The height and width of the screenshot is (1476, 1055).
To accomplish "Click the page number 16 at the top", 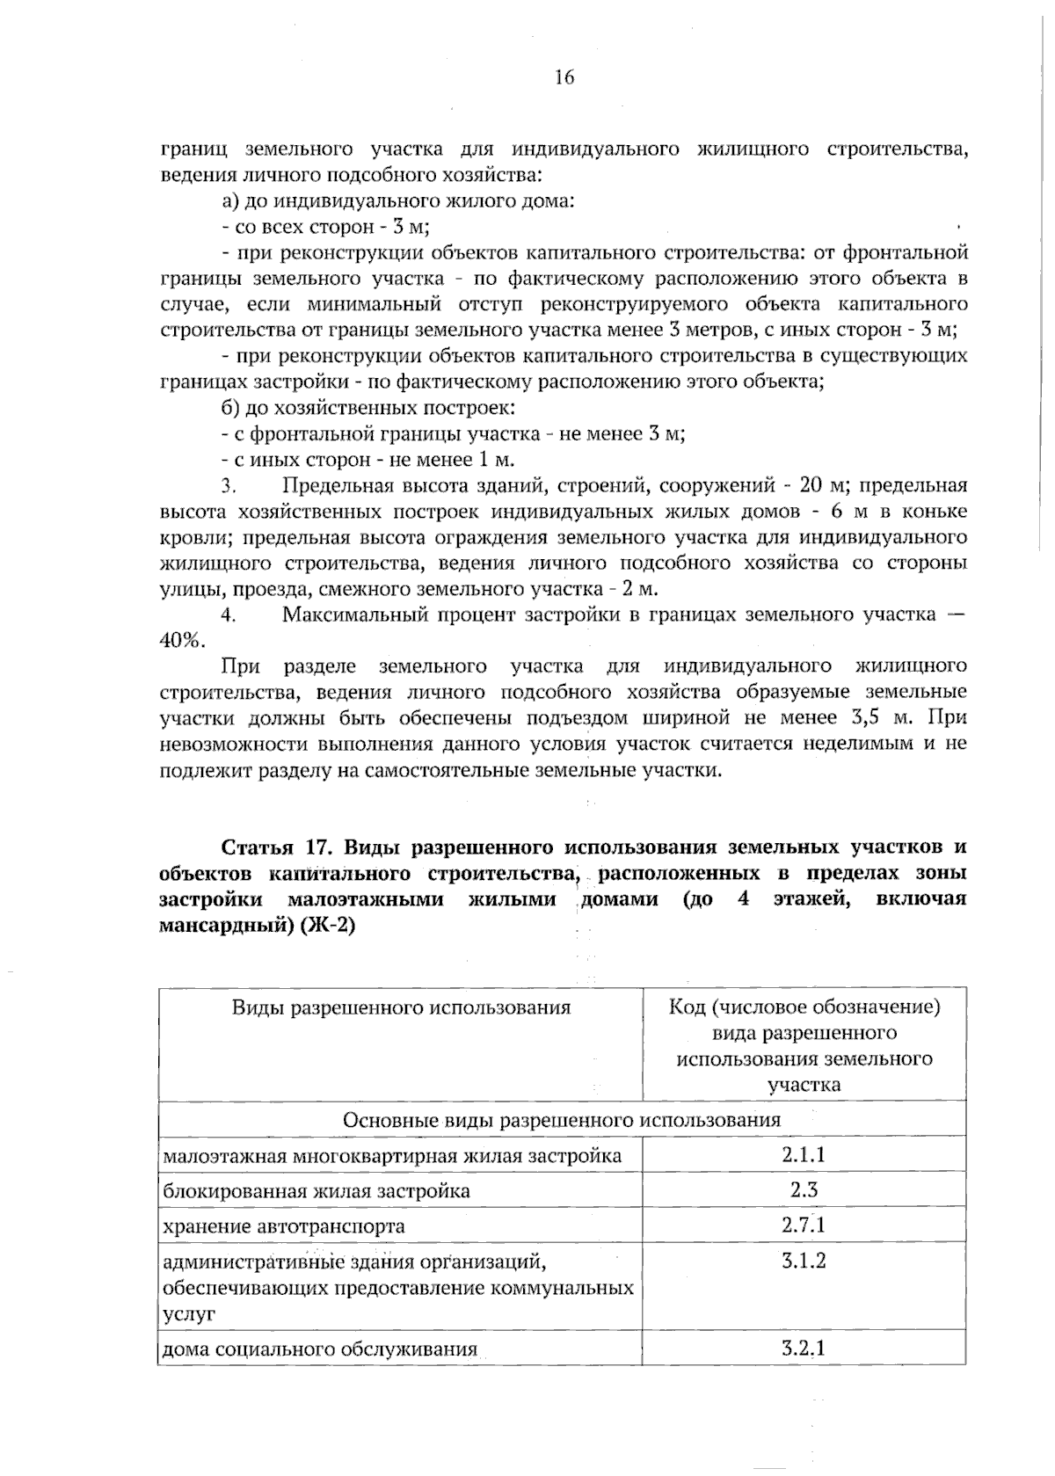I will (564, 77).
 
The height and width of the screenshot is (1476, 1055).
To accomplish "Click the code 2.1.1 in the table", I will (804, 1154).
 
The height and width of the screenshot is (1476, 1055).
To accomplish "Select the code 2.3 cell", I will (804, 1190).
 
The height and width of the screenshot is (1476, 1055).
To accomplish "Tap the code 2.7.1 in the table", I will (804, 1225).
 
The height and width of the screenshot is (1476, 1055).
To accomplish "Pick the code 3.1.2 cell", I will (804, 1261).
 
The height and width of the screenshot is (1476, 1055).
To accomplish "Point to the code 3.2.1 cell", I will (804, 1348).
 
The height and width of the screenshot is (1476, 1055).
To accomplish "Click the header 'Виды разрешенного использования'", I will (401, 1007).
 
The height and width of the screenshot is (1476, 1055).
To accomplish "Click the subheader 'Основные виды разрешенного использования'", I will (561, 1120).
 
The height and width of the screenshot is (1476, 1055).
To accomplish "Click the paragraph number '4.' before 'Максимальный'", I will (229, 614).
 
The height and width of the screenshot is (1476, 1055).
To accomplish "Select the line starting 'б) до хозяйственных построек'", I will (367, 408).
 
